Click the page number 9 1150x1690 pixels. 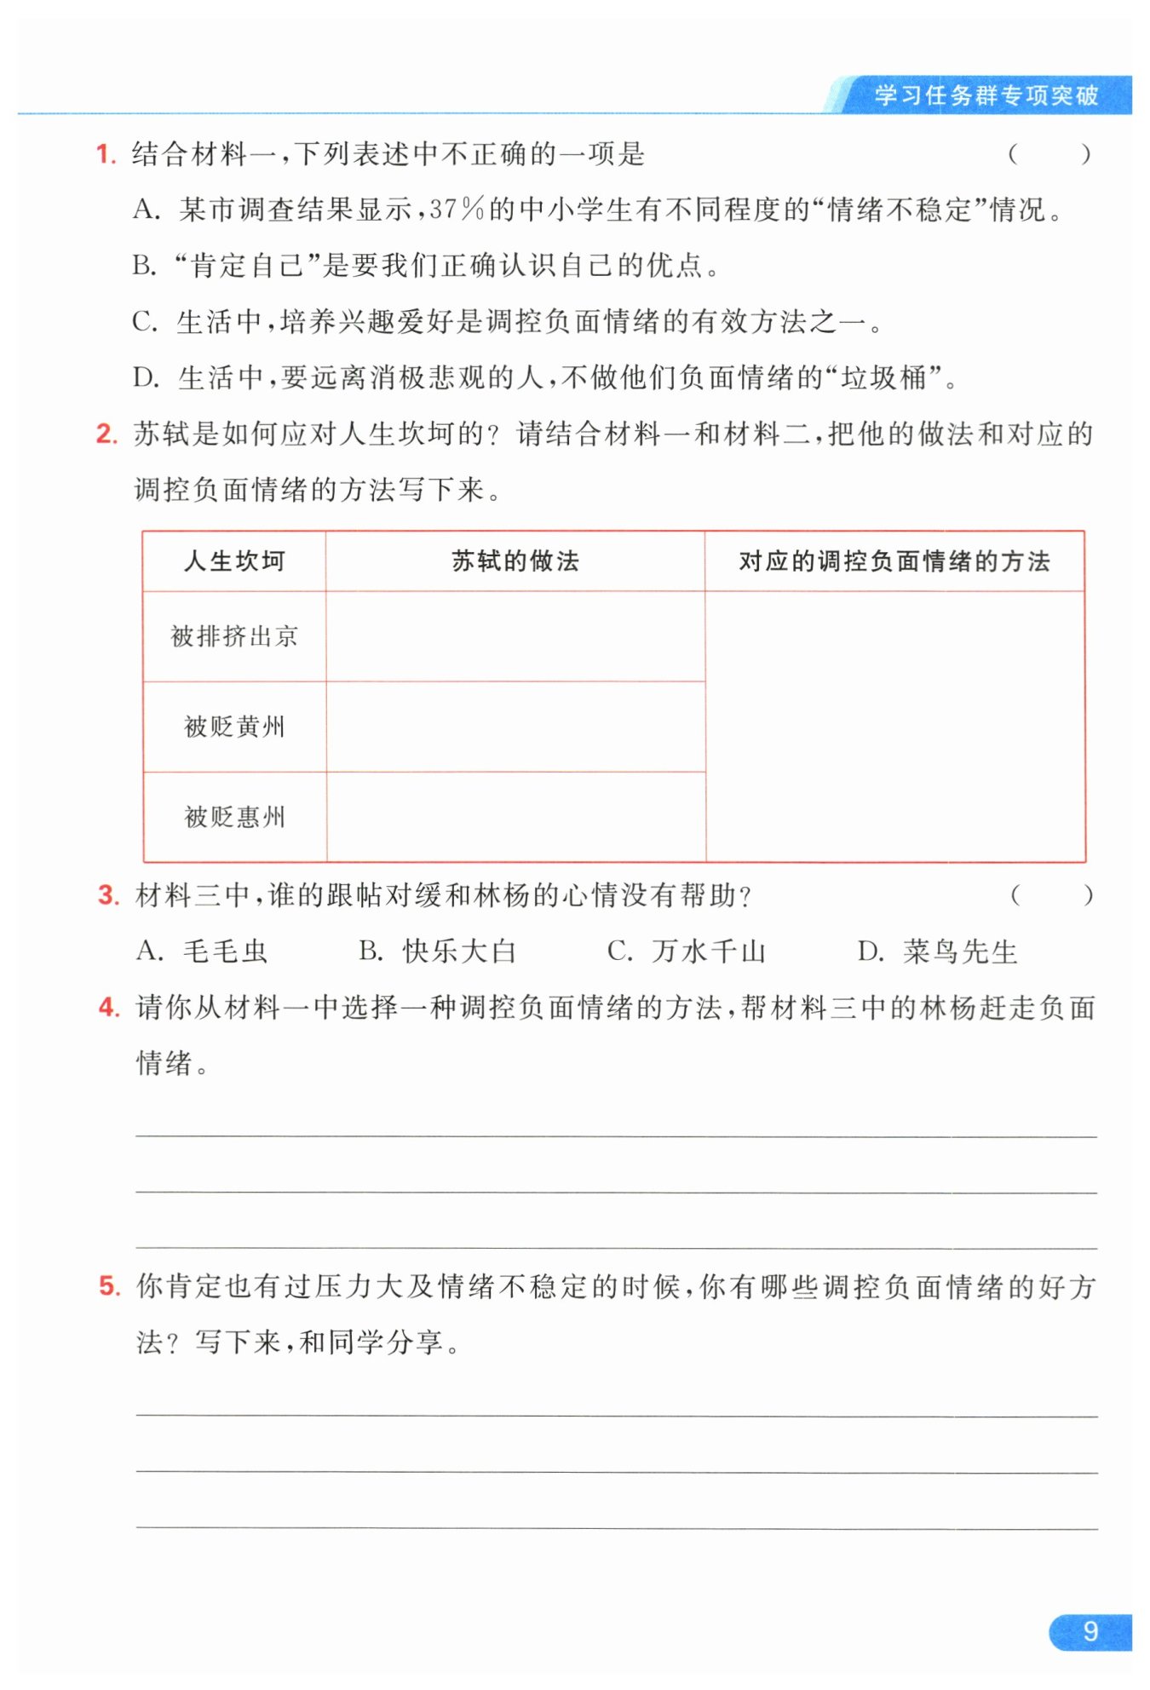click(1090, 1631)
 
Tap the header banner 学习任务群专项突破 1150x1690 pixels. click(986, 95)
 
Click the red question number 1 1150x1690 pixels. click(105, 155)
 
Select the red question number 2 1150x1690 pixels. click(106, 434)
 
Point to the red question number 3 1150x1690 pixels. click(108, 896)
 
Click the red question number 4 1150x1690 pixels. click(108, 1008)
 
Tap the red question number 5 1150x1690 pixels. click(109, 1286)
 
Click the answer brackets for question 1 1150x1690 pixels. click(1049, 155)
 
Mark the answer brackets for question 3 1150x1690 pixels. click(1051, 895)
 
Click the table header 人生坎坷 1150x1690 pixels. click(234, 561)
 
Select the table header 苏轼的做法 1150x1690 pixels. click(515, 561)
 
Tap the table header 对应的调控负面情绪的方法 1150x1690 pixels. click(894, 561)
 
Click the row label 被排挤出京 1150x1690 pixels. click(234, 636)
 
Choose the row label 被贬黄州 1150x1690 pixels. click(234, 727)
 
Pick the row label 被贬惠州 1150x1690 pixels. click(234, 817)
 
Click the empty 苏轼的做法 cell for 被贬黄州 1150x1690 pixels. click(515, 727)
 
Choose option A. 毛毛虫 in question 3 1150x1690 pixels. click(202, 951)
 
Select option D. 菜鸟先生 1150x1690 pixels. click(937, 951)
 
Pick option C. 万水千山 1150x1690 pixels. click(687, 951)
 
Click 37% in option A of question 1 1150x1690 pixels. click(457, 210)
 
